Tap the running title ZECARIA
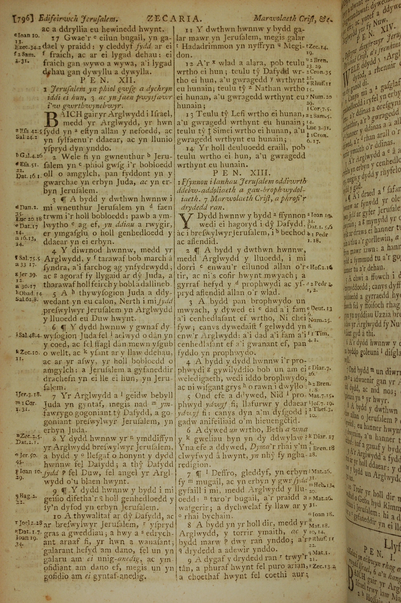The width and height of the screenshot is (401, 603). pyautogui.click(x=173, y=19)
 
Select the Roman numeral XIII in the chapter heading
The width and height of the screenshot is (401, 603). pyautogui.click(x=256, y=172)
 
